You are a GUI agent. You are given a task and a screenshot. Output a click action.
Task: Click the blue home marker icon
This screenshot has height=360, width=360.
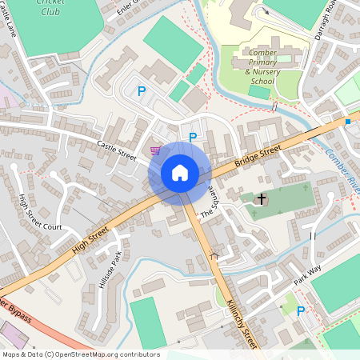[180, 173]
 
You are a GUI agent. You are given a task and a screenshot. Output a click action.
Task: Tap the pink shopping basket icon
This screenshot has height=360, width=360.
[155, 150]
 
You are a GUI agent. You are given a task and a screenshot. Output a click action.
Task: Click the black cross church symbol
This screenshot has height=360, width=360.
[261, 198]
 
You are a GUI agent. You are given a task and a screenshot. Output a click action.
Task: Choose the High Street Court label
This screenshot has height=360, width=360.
[39, 214]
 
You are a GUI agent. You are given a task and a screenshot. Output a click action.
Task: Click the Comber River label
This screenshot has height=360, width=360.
[340, 163]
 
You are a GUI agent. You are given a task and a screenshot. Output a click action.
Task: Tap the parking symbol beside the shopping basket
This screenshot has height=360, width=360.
[192, 138]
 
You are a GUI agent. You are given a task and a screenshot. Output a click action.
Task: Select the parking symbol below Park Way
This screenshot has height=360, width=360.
[301, 312]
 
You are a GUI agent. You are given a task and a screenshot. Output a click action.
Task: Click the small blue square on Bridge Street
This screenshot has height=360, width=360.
[348, 121]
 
